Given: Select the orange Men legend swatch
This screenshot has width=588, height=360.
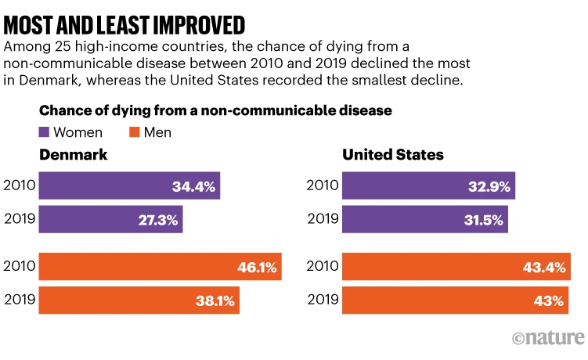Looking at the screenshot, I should point(128,132).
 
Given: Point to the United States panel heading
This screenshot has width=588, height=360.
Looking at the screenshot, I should point(393,155).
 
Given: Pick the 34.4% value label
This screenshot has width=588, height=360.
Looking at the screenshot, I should point(193,186).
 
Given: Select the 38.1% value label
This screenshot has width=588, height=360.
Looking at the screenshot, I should point(212,301).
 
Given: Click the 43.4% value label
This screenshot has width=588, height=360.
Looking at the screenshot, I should point(544,268).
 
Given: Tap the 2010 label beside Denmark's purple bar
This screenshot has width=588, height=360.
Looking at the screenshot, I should point(19,186).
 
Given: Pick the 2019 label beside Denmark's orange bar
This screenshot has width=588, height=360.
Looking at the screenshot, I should point(19,299).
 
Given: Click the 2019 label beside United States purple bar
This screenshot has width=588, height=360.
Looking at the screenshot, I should point(323,219).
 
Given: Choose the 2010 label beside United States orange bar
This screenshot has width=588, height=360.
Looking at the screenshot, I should point(323,266).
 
